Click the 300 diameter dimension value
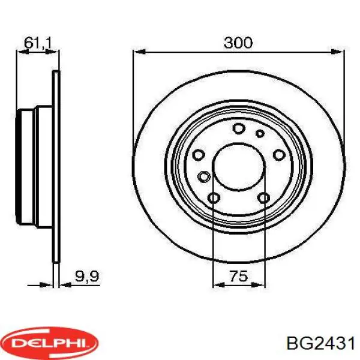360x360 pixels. point(238,43)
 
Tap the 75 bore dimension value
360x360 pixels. point(239,277)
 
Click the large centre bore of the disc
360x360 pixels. point(238,166)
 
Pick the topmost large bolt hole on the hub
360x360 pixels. point(238,128)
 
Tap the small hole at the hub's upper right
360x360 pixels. point(260,133)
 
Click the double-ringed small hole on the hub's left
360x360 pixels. point(204,176)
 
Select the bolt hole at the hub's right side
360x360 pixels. point(278,154)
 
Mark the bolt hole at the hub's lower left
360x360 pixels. point(214,198)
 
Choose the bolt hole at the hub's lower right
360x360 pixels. point(263,198)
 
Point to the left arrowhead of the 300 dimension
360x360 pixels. point(137,52)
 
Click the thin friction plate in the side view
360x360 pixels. point(56,166)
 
